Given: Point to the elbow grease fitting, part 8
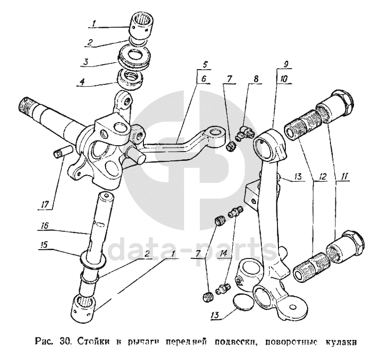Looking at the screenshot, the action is [x=245, y=132].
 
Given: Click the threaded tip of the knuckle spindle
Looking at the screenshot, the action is [x=26, y=103].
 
